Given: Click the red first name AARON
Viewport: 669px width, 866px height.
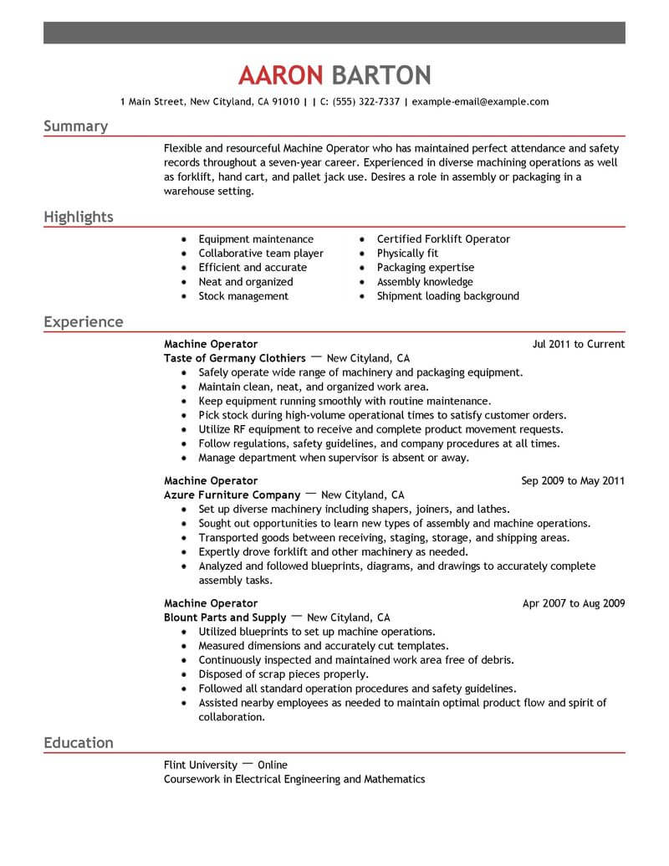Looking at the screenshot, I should (x=280, y=75).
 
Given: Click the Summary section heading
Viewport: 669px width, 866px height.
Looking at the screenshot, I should (x=75, y=126).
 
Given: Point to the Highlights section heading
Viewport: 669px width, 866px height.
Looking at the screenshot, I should (x=78, y=218).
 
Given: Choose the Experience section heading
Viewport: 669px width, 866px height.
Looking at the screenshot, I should (x=83, y=322).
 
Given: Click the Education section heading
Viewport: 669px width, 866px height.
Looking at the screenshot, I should (x=78, y=743).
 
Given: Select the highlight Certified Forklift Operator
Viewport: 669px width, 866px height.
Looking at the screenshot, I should (x=443, y=239).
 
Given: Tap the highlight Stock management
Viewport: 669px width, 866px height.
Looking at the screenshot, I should (x=243, y=296).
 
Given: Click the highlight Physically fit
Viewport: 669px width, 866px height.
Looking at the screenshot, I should (x=407, y=254).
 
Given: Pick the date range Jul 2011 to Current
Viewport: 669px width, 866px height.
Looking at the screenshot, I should (x=578, y=344).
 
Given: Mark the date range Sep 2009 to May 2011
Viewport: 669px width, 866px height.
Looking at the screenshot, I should (x=573, y=481).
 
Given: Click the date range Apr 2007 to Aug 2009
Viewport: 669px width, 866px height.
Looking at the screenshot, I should (x=574, y=603).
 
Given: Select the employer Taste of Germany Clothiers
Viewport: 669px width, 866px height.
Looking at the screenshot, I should (x=235, y=358).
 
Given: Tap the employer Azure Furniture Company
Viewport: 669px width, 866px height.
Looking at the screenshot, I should (x=232, y=495).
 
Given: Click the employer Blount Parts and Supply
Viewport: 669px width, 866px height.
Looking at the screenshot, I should (x=225, y=617).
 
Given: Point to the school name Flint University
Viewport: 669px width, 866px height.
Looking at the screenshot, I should (x=201, y=765).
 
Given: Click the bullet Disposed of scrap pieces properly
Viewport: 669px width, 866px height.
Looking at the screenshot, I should (x=283, y=674).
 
